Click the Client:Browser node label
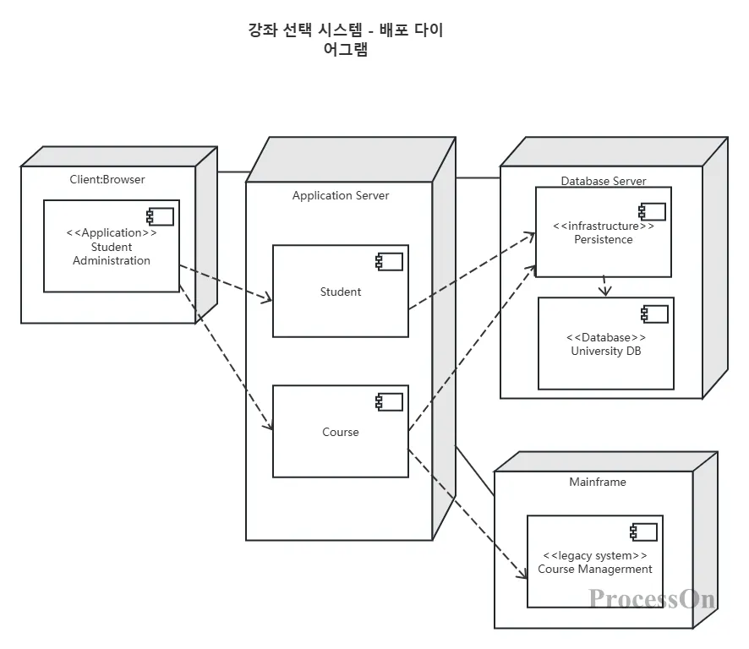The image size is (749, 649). pyautogui.click(x=107, y=179)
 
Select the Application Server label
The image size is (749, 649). pyautogui.click(x=341, y=195)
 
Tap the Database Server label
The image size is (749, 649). pyautogui.click(x=604, y=181)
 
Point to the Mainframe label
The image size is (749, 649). pyautogui.click(x=598, y=482)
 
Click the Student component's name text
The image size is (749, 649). pyautogui.click(x=341, y=292)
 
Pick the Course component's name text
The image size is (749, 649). pyautogui.click(x=341, y=432)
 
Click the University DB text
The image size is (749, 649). pyautogui.click(x=606, y=351)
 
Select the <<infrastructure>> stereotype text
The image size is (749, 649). pyautogui.click(x=604, y=226)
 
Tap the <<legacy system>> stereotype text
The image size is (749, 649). pyautogui.click(x=595, y=555)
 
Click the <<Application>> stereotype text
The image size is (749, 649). pyautogui.click(x=112, y=233)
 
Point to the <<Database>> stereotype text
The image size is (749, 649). pyautogui.click(x=606, y=338)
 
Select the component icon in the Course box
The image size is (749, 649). pyautogui.click(x=389, y=401)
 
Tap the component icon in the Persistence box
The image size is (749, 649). pyautogui.click(x=652, y=211)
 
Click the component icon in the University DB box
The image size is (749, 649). pyautogui.click(x=654, y=314)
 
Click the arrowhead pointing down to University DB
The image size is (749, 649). pyautogui.click(x=604, y=292)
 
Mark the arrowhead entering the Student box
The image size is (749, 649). pyautogui.click(x=266, y=299)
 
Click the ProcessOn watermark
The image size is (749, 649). pyautogui.click(x=652, y=598)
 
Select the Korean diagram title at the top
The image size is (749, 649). pyautogui.click(x=346, y=40)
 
